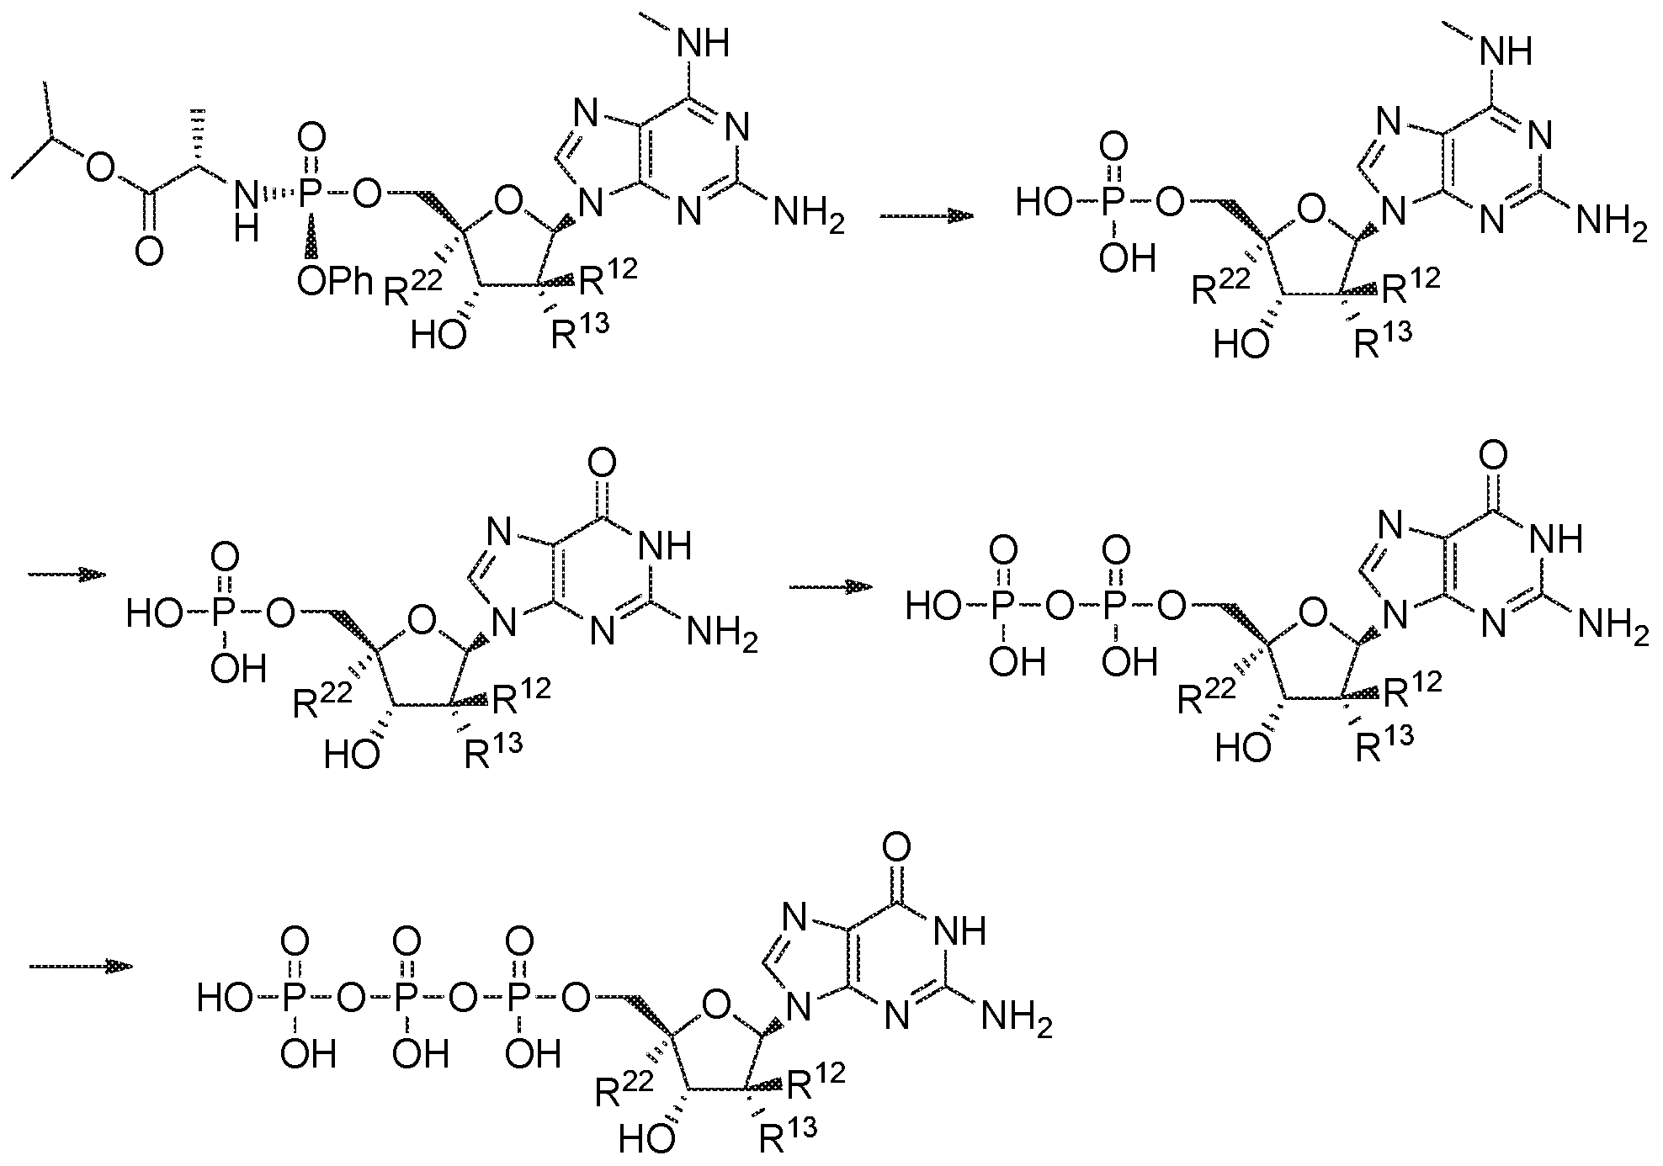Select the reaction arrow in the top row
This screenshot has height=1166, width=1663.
click(x=927, y=216)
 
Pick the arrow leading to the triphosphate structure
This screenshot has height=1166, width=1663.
click(x=82, y=967)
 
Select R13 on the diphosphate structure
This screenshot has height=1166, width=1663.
click(x=1384, y=742)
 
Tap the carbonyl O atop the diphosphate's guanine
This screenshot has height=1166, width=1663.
click(x=1492, y=458)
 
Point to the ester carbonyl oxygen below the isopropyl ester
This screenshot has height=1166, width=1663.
click(x=148, y=251)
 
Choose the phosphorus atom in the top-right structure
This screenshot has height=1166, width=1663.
click(x=1115, y=203)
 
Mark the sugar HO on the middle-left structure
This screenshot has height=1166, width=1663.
click(x=352, y=755)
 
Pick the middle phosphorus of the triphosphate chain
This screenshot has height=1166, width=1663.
click(x=406, y=999)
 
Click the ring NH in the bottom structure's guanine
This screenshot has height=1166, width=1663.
click(x=959, y=931)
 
